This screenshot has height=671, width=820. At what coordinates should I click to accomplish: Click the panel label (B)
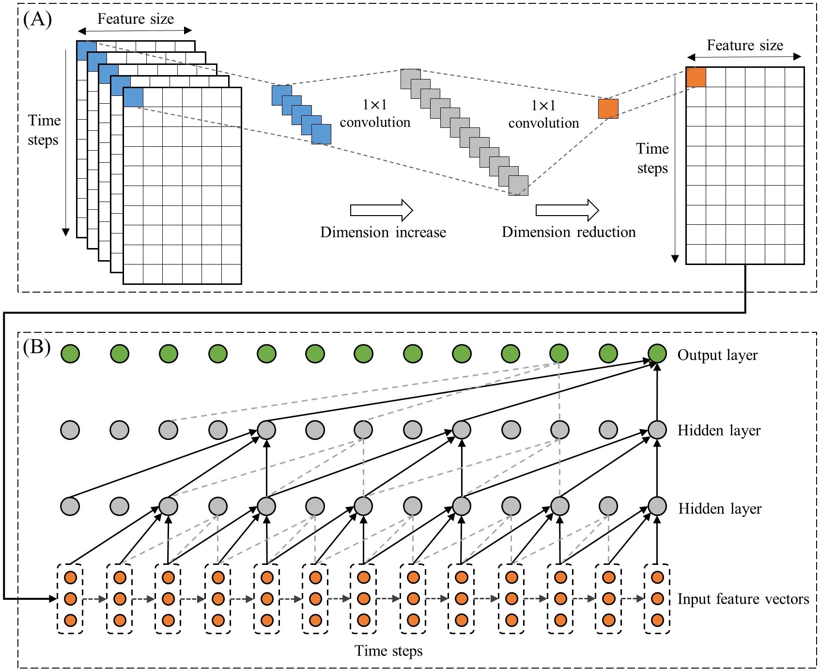coord(37,347)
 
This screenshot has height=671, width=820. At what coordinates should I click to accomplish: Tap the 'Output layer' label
coord(717,355)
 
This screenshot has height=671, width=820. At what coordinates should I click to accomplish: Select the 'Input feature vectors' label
coord(743,599)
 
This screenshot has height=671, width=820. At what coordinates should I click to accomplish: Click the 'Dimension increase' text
coord(383,233)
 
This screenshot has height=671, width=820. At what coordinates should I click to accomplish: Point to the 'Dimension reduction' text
coord(569,233)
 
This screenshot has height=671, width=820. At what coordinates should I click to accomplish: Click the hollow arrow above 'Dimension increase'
coord(381,210)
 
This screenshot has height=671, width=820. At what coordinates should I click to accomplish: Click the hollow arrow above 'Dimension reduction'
coord(567,210)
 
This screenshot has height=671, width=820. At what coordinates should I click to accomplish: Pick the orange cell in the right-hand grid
coord(696,78)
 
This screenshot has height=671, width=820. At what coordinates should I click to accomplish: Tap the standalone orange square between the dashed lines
coord(608,109)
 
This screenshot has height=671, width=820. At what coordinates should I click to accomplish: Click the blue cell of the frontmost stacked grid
coord(133,97)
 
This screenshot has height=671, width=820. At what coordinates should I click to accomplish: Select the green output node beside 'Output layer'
coord(657,354)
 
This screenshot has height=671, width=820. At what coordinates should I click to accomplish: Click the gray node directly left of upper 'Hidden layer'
coord(657,430)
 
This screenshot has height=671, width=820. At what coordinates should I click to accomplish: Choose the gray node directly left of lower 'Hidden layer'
coord(657,506)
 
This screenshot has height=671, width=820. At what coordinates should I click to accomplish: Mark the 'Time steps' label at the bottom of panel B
coord(388,651)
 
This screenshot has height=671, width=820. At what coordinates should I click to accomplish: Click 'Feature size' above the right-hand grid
coord(745,46)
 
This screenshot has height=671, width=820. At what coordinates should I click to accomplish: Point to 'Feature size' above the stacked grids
coord(136,19)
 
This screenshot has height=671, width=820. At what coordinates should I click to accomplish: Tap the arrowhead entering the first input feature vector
coord(53,599)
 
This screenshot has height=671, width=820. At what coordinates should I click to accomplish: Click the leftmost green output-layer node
coord(70,354)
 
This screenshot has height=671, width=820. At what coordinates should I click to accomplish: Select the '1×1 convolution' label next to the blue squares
coord(375,114)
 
